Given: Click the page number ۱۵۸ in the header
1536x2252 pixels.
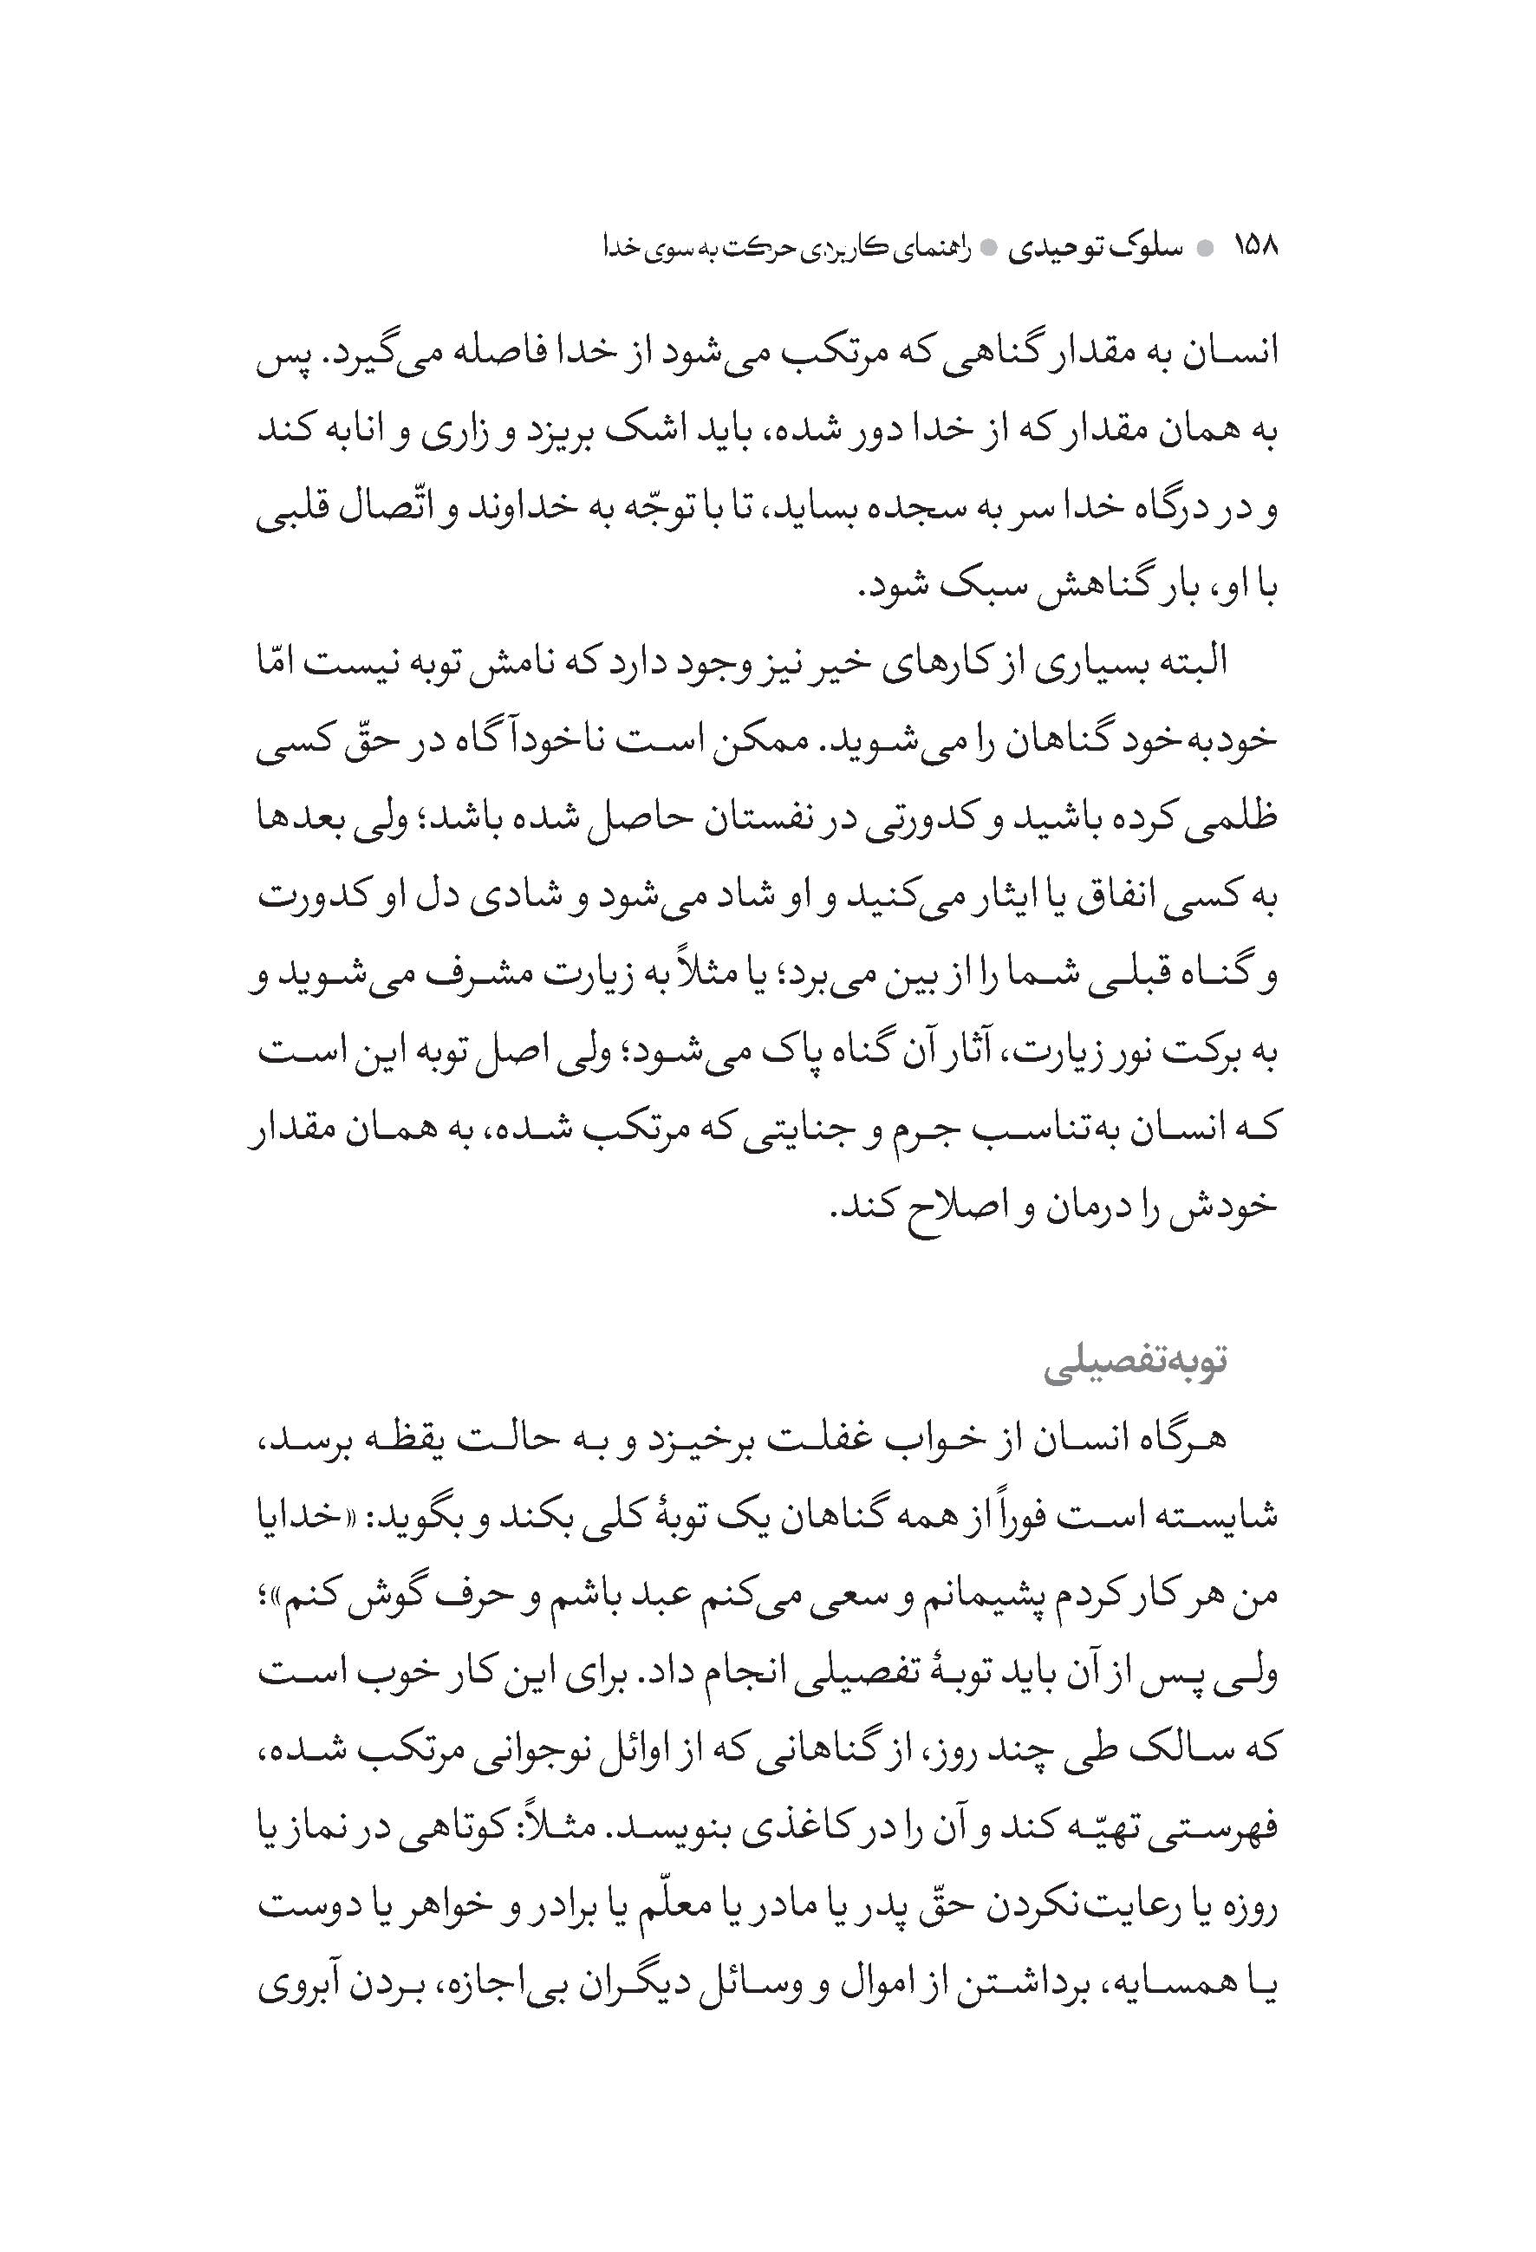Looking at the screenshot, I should [x=1255, y=247].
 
